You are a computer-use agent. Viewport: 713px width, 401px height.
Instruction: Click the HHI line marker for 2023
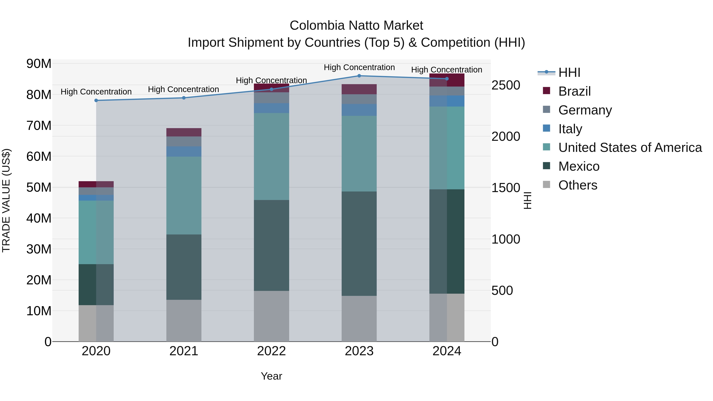pyautogui.click(x=359, y=76)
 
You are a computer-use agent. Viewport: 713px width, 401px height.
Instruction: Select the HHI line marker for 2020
pyautogui.click(x=96, y=100)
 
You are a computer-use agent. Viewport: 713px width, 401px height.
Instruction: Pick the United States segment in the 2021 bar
pyautogui.click(x=184, y=195)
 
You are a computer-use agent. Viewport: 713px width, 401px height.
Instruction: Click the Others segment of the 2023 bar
pyautogui.click(x=359, y=319)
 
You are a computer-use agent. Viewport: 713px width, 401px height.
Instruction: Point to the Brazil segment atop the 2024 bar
pyautogui.click(x=447, y=80)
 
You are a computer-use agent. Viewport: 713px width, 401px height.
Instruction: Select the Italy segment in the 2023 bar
pyautogui.click(x=359, y=110)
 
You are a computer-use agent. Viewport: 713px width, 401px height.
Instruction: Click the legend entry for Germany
pyautogui.click(x=585, y=110)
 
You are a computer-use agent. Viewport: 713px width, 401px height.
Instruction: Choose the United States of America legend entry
pyautogui.click(x=630, y=148)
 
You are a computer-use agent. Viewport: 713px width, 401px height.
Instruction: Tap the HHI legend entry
pyautogui.click(x=569, y=72)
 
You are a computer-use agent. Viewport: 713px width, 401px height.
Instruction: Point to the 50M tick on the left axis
pyautogui.click(x=39, y=187)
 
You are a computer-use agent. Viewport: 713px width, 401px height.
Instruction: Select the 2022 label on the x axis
pyautogui.click(x=271, y=351)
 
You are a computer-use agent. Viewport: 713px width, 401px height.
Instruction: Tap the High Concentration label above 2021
pyautogui.click(x=184, y=89)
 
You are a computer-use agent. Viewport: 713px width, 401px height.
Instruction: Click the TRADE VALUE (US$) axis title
pyautogui.click(x=6, y=200)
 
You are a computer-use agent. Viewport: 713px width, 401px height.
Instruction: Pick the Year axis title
pyautogui.click(x=271, y=376)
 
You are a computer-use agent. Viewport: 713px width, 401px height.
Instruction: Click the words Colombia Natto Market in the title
pyautogui.click(x=356, y=26)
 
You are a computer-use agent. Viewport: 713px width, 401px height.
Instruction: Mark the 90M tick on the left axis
pyautogui.click(x=39, y=64)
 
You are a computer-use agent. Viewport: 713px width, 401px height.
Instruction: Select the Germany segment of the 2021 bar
pyautogui.click(x=184, y=141)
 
